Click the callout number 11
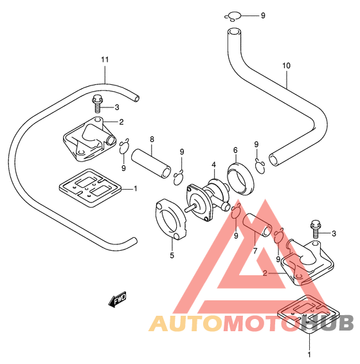click(x=105, y=60)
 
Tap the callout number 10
click(x=286, y=66)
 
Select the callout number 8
click(x=152, y=140)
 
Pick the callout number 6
click(x=235, y=150)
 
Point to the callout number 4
click(x=213, y=165)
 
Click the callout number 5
click(x=172, y=255)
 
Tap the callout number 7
click(x=255, y=251)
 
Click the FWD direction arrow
click(x=118, y=299)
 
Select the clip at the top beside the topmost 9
click(x=233, y=17)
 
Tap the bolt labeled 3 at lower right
click(x=315, y=230)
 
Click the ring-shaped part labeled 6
click(x=240, y=179)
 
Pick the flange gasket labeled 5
click(x=170, y=219)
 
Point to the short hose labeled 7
click(x=256, y=224)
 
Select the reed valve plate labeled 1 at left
click(x=91, y=188)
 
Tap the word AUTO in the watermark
click(x=186, y=323)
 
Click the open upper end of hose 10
click(x=233, y=32)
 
